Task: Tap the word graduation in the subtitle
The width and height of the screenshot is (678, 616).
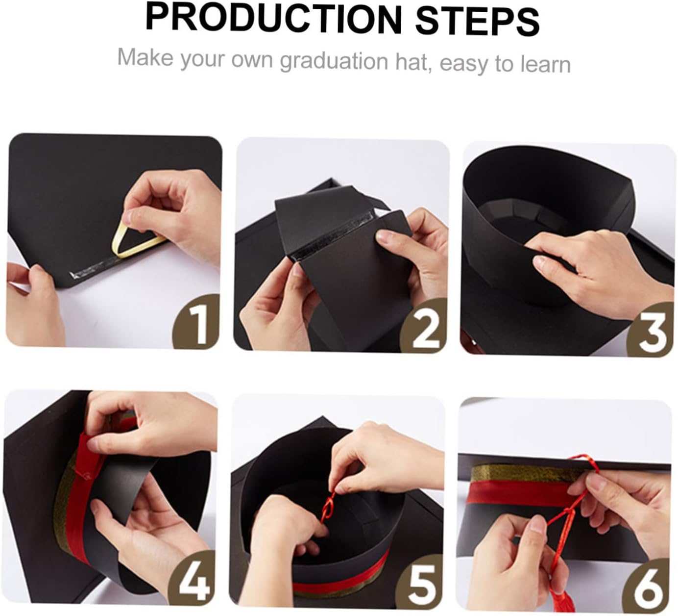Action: click(x=334, y=62)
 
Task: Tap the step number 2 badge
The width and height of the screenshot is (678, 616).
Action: click(x=424, y=326)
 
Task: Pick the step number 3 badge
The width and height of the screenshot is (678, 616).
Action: click(x=651, y=330)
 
